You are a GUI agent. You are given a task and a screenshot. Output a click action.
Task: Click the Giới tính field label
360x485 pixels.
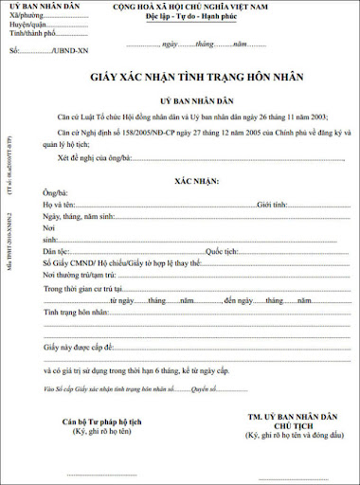272,204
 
